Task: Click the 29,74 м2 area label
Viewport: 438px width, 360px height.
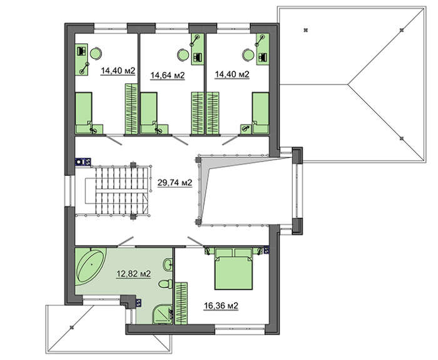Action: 175,183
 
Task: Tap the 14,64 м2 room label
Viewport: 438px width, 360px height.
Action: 168,75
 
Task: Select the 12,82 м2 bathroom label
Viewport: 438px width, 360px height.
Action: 133,274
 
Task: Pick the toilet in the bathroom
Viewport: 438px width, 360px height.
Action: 166,284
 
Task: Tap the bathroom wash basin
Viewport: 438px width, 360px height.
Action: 168,264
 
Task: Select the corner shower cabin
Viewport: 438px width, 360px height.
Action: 163,314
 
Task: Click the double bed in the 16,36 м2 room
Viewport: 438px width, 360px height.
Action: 233,269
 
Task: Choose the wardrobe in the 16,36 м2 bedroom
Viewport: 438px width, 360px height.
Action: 181,303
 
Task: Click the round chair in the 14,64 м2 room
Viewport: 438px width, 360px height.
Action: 183,54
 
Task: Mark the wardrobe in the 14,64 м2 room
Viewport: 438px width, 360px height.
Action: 198,113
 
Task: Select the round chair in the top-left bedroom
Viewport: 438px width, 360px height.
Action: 96,53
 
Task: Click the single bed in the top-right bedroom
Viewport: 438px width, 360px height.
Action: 260,113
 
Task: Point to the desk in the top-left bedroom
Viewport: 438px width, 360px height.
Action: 82,59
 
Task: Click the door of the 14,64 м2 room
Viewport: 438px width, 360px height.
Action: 180,140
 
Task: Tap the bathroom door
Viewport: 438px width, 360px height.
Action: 125,242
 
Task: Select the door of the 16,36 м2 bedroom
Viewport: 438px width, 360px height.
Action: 195,242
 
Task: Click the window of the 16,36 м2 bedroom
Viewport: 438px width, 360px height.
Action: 240,329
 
